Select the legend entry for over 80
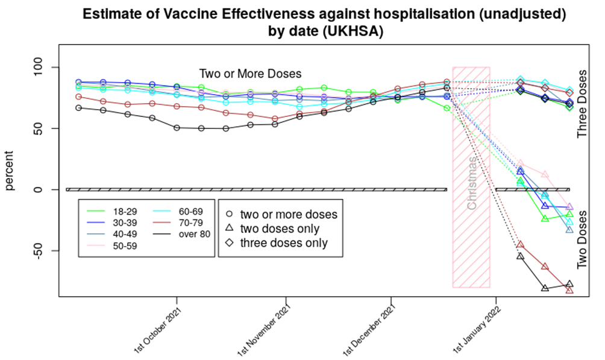tap(192, 234)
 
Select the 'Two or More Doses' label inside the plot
tap(250, 74)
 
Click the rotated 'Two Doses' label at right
tap(582, 240)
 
